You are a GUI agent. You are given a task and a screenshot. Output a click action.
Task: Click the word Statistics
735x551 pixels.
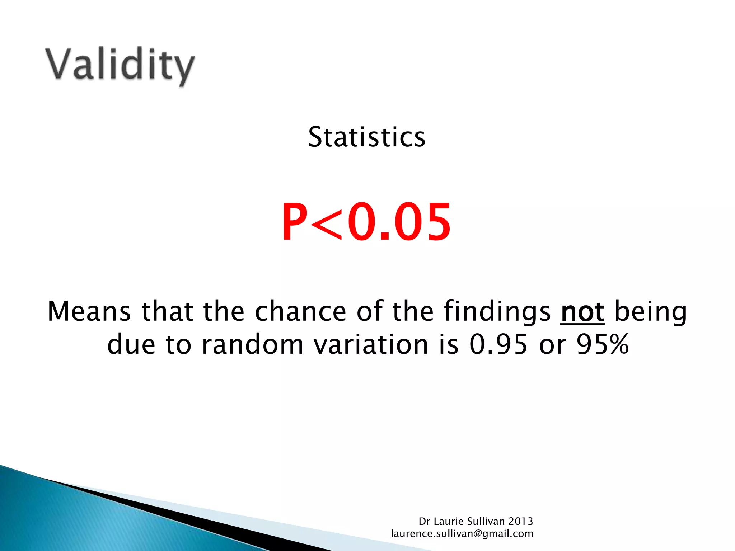(x=367, y=137)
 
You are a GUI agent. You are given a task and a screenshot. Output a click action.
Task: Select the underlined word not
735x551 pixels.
(x=582, y=311)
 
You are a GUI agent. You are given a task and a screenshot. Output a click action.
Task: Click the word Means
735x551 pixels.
(x=89, y=311)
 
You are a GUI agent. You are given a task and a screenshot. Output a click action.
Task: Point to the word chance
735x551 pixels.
(x=300, y=311)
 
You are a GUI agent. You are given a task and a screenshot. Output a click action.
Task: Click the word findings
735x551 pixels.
(x=497, y=311)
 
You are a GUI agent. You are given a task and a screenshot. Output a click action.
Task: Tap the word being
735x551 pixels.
(x=651, y=311)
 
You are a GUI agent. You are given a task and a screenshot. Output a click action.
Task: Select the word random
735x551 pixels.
(x=253, y=344)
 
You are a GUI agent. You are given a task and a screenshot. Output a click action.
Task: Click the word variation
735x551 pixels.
(x=371, y=344)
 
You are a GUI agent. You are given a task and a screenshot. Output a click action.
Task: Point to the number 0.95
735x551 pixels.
(x=498, y=344)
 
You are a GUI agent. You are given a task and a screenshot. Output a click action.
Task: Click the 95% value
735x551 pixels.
(x=603, y=344)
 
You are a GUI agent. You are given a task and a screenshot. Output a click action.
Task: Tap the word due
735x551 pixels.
(x=131, y=344)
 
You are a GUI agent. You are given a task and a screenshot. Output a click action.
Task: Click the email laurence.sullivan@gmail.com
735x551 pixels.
(x=462, y=534)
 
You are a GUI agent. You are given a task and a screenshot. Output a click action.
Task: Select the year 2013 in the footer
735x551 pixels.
(x=520, y=521)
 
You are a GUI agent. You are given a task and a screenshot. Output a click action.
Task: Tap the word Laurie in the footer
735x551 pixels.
(x=448, y=521)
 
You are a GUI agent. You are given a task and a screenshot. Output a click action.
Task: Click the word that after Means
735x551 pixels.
(x=168, y=311)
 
